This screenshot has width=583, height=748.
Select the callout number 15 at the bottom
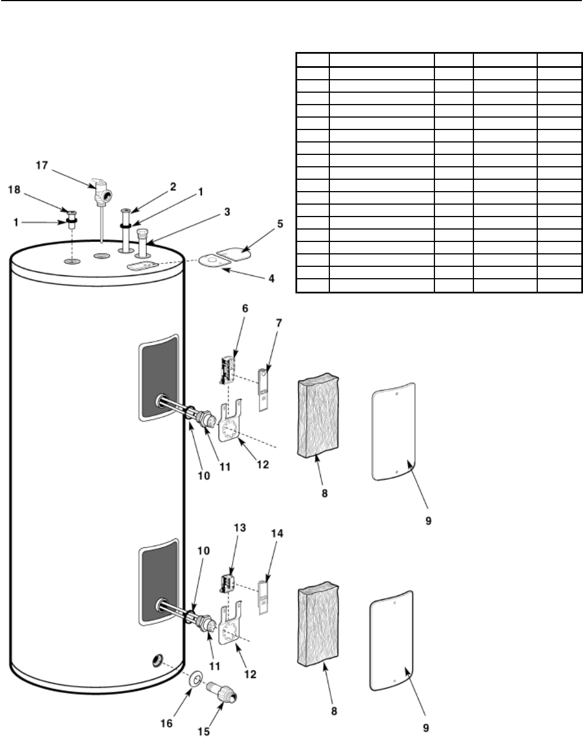point(203,732)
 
